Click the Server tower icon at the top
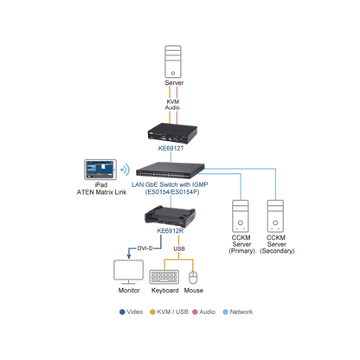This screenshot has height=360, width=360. tap(173, 61)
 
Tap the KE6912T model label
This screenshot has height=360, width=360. tap(170, 148)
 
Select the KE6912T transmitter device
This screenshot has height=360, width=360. tap(172, 133)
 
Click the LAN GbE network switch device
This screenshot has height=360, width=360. tap(170, 170)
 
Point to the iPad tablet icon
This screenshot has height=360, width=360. tap(100, 170)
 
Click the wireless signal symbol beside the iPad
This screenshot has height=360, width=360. tap(125, 170)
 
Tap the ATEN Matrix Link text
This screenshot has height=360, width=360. tap(101, 192)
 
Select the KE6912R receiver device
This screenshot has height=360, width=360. tap(170, 216)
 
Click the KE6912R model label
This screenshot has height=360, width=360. tap(170, 231)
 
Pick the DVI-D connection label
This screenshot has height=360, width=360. tap(145, 248)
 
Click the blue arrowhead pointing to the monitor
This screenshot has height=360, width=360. tap(129, 256)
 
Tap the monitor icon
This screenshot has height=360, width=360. tap(128, 272)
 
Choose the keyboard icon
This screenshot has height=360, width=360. tap(164, 277)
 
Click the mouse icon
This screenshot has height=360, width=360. tap(193, 278)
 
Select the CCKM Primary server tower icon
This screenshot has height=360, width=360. tap(241, 216)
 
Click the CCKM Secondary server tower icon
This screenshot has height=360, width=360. tap(275, 216)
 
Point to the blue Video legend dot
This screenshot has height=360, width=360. tap(122, 312)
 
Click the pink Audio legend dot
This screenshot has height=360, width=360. tap(195, 312)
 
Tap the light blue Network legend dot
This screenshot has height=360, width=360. tap(226, 312)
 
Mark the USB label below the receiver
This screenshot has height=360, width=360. tap(179, 248)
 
